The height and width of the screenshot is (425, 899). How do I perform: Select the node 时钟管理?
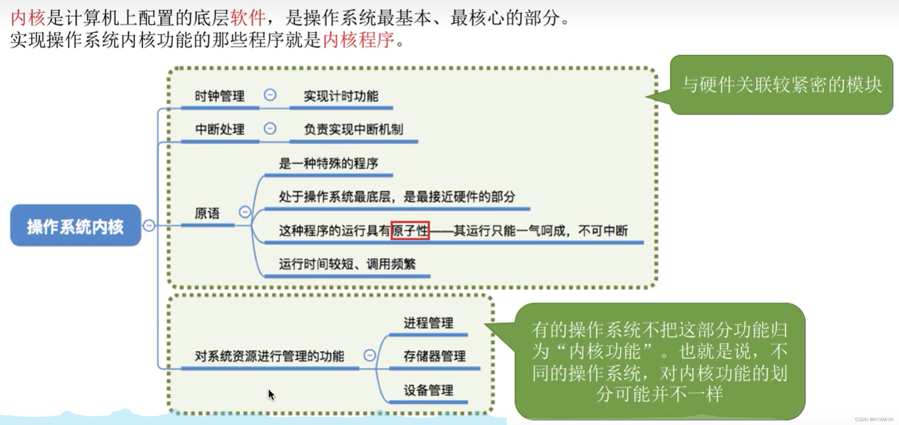click(219, 96)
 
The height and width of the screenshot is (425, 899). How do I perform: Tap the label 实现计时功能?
click(341, 96)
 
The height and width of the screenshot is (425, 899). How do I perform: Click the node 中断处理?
click(219, 129)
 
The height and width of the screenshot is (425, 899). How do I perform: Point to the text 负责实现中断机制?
click(353, 129)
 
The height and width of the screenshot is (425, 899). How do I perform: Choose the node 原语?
click(207, 213)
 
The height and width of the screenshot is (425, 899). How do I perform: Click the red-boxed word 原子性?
click(410, 230)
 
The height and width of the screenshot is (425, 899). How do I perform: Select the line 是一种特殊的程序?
click(328, 163)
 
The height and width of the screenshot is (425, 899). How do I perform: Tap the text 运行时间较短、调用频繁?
click(347, 264)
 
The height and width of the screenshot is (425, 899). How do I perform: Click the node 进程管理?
click(428, 323)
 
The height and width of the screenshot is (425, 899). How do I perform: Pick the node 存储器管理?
click(434, 356)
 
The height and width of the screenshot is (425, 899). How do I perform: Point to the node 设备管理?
click(428, 390)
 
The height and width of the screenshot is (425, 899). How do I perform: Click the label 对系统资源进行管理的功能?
click(269, 356)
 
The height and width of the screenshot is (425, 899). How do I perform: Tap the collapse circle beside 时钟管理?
click(270, 95)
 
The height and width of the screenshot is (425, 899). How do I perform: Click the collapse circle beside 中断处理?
click(270, 128)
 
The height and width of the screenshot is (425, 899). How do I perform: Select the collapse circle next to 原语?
click(245, 212)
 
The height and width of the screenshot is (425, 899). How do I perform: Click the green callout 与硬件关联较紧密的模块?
click(781, 85)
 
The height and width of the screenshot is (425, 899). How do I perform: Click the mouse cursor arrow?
click(271, 395)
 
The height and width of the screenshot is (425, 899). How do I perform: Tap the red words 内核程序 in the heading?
click(358, 40)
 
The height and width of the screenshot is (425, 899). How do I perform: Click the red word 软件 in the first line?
click(248, 18)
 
